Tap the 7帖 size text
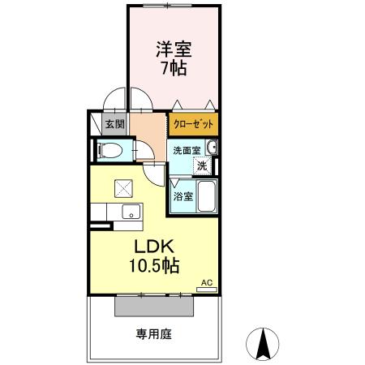(x=172, y=69)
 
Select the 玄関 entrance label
(x=114, y=124)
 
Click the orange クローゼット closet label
(x=194, y=124)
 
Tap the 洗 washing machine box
(x=203, y=165)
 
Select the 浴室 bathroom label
(x=182, y=195)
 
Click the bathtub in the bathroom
(x=206, y=195)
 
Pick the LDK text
(x=152, y=246)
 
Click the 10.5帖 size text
(x=152, y=265)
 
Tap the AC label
(x=206, y=281)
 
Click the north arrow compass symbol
(x=263, y=344)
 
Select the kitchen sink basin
(x=128, y=212)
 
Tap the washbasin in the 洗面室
(x=212, y=148)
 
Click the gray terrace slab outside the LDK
(x=154, y=307)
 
